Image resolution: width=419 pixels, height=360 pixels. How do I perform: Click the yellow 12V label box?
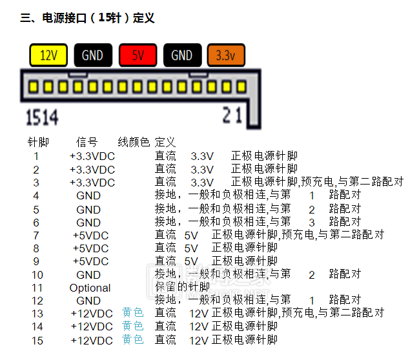coord(49,55)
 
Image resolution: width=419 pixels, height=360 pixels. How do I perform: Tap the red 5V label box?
coord(138,55)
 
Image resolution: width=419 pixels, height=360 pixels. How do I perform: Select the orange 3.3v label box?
coord(225,55)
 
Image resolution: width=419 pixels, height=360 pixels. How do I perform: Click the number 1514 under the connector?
coord(41,117)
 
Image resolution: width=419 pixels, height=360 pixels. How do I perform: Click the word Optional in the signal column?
coord(90,288)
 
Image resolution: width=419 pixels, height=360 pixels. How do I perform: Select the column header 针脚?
coord(37,142)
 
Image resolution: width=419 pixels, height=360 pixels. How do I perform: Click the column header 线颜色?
coord(133,142)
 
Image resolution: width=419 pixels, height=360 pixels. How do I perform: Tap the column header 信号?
coord(87,142)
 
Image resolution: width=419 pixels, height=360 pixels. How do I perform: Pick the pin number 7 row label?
coord(36,235)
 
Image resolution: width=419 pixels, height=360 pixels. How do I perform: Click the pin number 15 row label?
coord(37,341)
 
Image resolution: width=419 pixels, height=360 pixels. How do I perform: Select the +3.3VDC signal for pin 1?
coord(92,156)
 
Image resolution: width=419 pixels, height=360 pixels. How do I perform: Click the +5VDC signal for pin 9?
coord(90,261)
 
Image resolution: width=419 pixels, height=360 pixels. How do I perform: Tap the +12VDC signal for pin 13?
coord(91,314)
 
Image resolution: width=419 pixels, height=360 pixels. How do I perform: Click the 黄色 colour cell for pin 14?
coord(132,326)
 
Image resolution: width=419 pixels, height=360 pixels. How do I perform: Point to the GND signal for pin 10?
coord(88,275)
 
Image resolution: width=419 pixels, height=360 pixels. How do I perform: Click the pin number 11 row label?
coord(37,288)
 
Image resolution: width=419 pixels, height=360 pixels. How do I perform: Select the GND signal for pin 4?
coord(88,195)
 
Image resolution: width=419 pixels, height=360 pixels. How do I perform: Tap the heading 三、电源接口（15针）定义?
coord(87,18)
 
